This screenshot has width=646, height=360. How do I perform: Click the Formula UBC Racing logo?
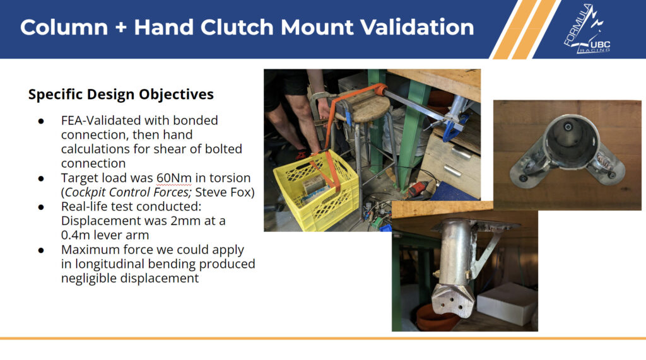tap(587, 29)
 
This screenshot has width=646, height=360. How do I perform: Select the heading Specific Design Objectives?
tap(120, 95)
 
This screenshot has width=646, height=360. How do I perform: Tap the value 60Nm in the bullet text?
tap(174, 178)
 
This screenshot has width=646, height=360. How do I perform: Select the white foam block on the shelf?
tap(507, 303)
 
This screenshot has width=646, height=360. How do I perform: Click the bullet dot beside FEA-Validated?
tap(41, 121)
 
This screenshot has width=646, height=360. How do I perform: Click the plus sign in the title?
tap(120, 28)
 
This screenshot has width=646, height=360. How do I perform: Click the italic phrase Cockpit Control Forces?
tap(128, 192)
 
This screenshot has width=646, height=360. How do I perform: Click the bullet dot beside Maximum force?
tap(41, 250)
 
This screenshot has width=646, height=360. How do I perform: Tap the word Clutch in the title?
tap(237, 27)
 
